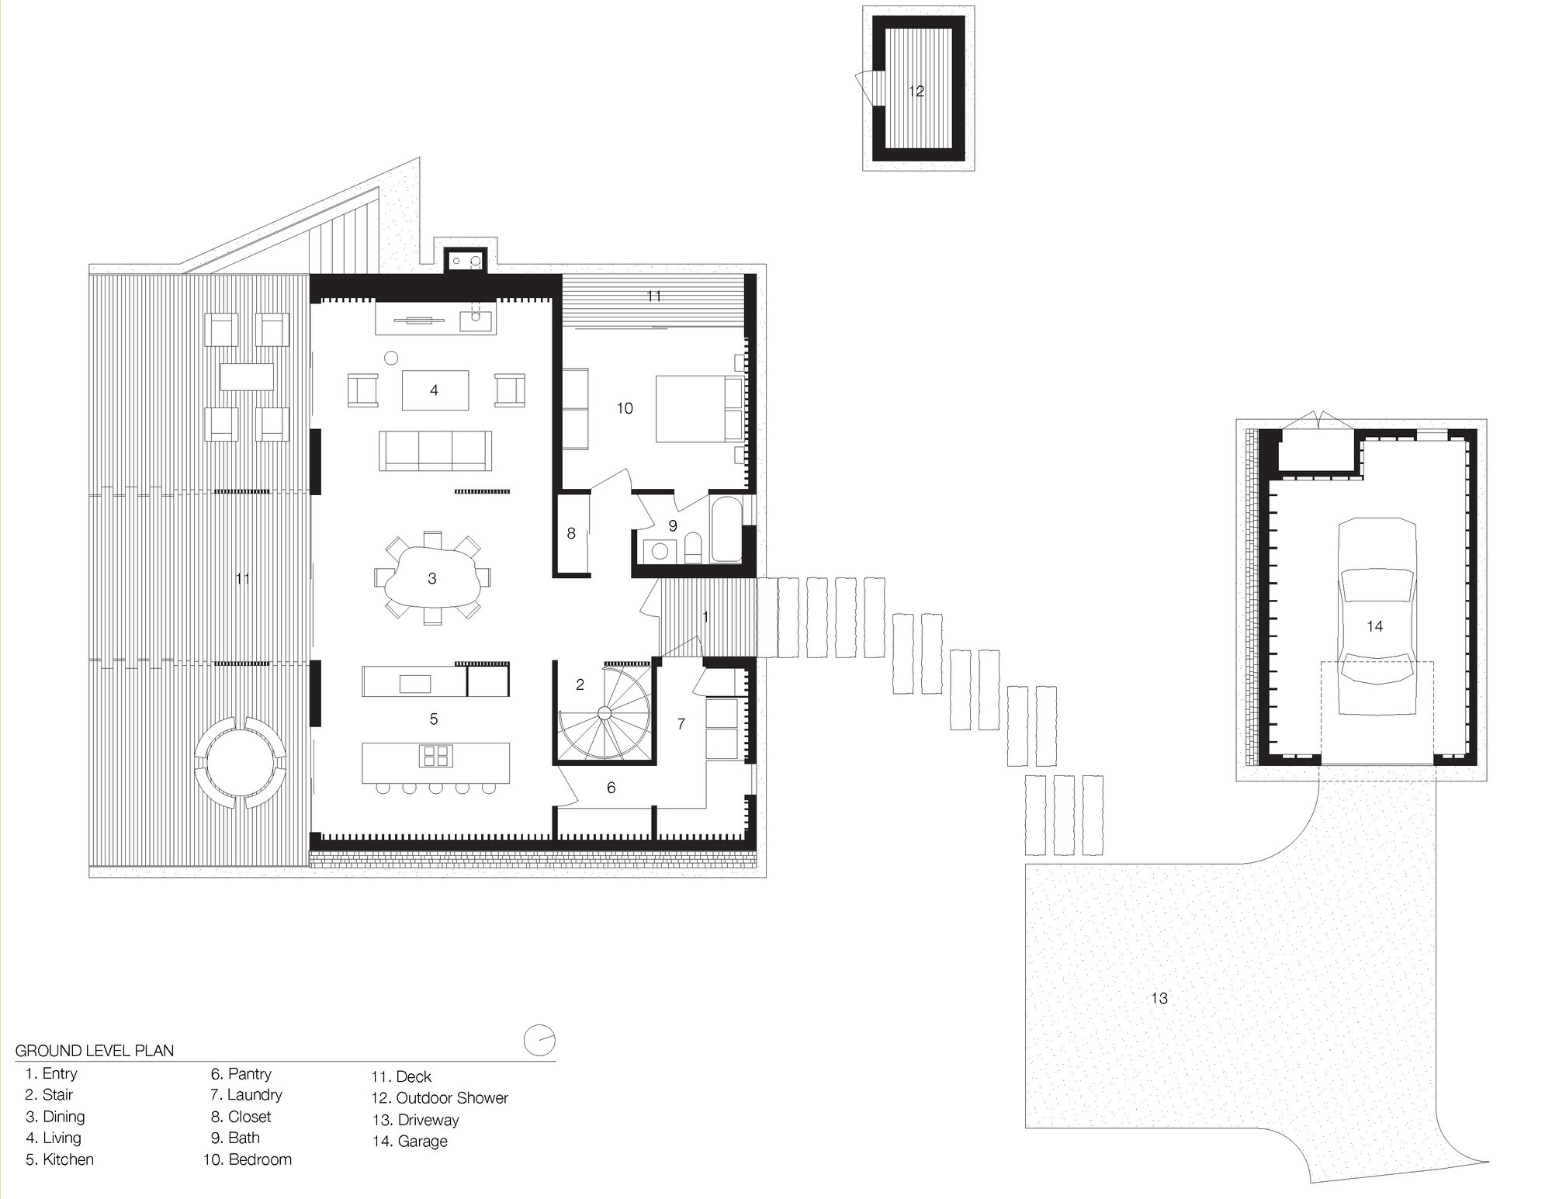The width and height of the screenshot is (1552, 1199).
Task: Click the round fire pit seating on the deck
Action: point(240,762)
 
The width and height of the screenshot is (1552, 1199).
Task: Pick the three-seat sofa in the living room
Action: point(435,451)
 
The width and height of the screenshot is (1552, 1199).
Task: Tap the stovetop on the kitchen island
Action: point(435,755)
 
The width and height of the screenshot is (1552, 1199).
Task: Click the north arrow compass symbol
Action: point(540,1041)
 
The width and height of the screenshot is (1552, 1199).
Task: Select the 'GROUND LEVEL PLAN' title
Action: point(94,1051)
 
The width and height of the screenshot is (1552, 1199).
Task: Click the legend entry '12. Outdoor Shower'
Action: point(439,1098)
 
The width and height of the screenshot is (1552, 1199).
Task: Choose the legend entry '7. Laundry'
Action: point(246,1095)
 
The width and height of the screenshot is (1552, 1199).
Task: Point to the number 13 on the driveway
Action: point(1159,998)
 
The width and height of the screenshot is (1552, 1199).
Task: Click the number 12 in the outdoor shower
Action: point(916,91)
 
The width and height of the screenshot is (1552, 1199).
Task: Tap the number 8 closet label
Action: point(571,534)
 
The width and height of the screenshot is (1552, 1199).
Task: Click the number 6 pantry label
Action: point(611,788)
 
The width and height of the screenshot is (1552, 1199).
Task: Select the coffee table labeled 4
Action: point(435,390)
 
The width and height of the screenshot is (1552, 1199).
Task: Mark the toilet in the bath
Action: point(695,549)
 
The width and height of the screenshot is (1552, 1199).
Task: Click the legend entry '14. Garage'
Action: point(410,1141)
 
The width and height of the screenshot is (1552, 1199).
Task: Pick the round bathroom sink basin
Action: point(660,551)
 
